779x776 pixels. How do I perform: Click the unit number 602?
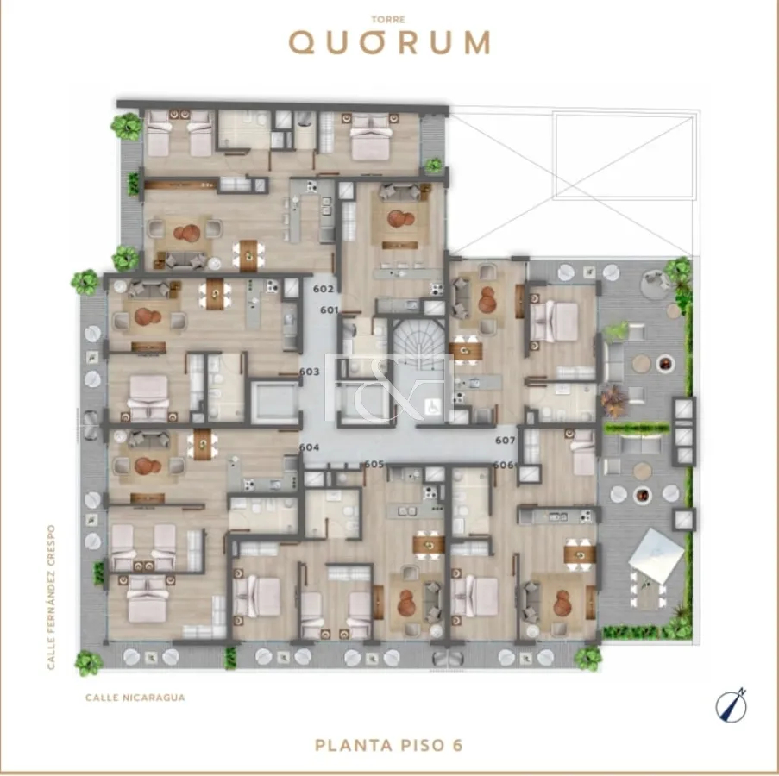(x=324, y=289)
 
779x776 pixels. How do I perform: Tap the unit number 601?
(x=330, y=310)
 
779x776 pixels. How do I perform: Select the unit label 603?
(x=309, y=372)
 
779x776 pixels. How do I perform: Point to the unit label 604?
(x=309, y=447)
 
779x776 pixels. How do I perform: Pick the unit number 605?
(x=374, y=464)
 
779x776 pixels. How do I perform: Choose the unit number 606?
(x=504, y=466)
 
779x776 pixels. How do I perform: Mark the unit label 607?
(x=506, y=441)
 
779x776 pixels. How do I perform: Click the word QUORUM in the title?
(x=390, y=43)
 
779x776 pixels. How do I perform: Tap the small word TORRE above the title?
(x=388, y=20)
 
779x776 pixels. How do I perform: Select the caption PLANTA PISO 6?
(x=389, y=745)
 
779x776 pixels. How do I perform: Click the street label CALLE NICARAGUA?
(x=135, y=698)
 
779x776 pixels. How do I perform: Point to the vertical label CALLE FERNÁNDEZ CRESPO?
(x=51, y=598)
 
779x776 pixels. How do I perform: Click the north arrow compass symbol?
(x=732, y=705)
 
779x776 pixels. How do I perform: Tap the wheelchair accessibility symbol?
(x=433, y=407)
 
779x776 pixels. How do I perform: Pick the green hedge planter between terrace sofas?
(x=637, y=428)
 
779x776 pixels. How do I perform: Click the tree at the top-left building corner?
(x=126, y=126)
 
